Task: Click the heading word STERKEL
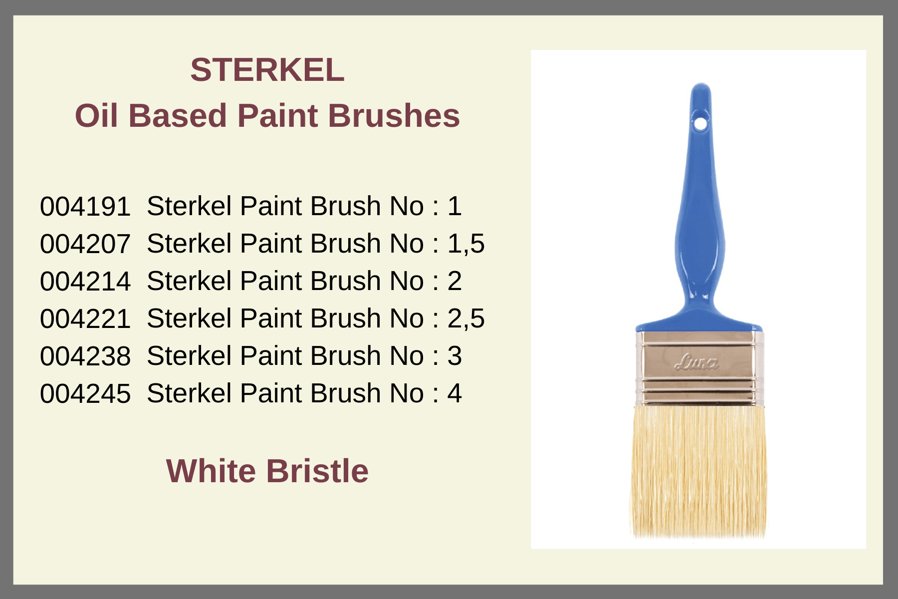267,70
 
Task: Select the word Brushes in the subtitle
394,116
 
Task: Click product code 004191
85,206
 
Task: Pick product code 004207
85,244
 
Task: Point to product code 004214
85,281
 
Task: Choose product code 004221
85,318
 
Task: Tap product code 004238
85,356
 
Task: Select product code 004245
85,393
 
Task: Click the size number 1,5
466,244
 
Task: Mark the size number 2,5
466,319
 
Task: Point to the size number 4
454,393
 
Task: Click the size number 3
454,356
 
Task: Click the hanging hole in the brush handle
700,123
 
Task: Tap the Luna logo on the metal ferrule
696,362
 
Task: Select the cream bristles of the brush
698,472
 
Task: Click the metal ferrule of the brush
699,368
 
